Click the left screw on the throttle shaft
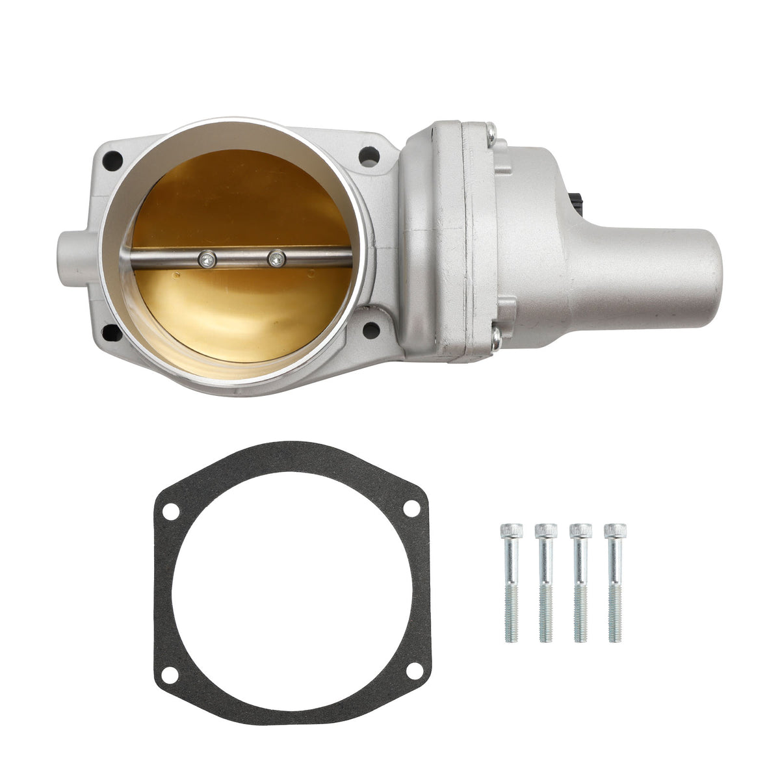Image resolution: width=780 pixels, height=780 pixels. pyautogui.click(x=207, y=259)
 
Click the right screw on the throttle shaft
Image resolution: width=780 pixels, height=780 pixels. pyautogui.click(x=276, y=258)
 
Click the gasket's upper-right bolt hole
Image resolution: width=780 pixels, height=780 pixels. pyautogui.click(x=411, y=508)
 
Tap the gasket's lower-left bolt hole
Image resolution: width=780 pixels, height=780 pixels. pyautogui.click(x=170, y=675)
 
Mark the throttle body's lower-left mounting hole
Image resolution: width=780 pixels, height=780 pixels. pyautogui.click(x=112, y=333)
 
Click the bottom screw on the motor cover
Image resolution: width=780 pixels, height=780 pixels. pyautogui.click(x=495, y=336)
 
